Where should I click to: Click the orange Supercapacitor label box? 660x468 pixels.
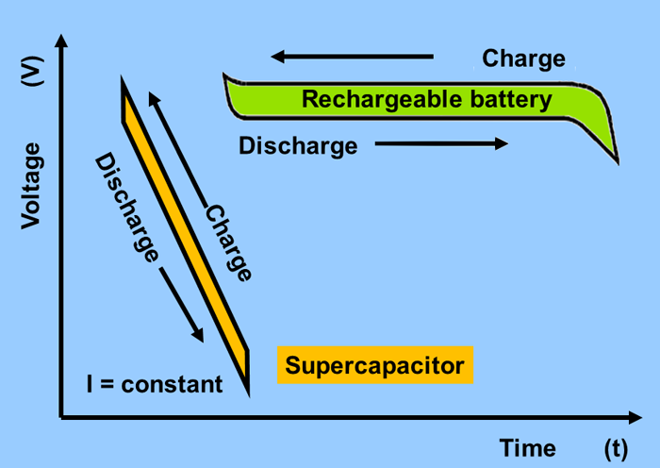pos(374,365)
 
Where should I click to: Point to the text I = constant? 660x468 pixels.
pos(155,384)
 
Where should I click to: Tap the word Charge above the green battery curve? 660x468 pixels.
pos(523,58)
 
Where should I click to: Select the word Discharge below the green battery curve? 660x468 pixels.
pos(298,146)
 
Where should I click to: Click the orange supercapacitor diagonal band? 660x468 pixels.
pos(185,231)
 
